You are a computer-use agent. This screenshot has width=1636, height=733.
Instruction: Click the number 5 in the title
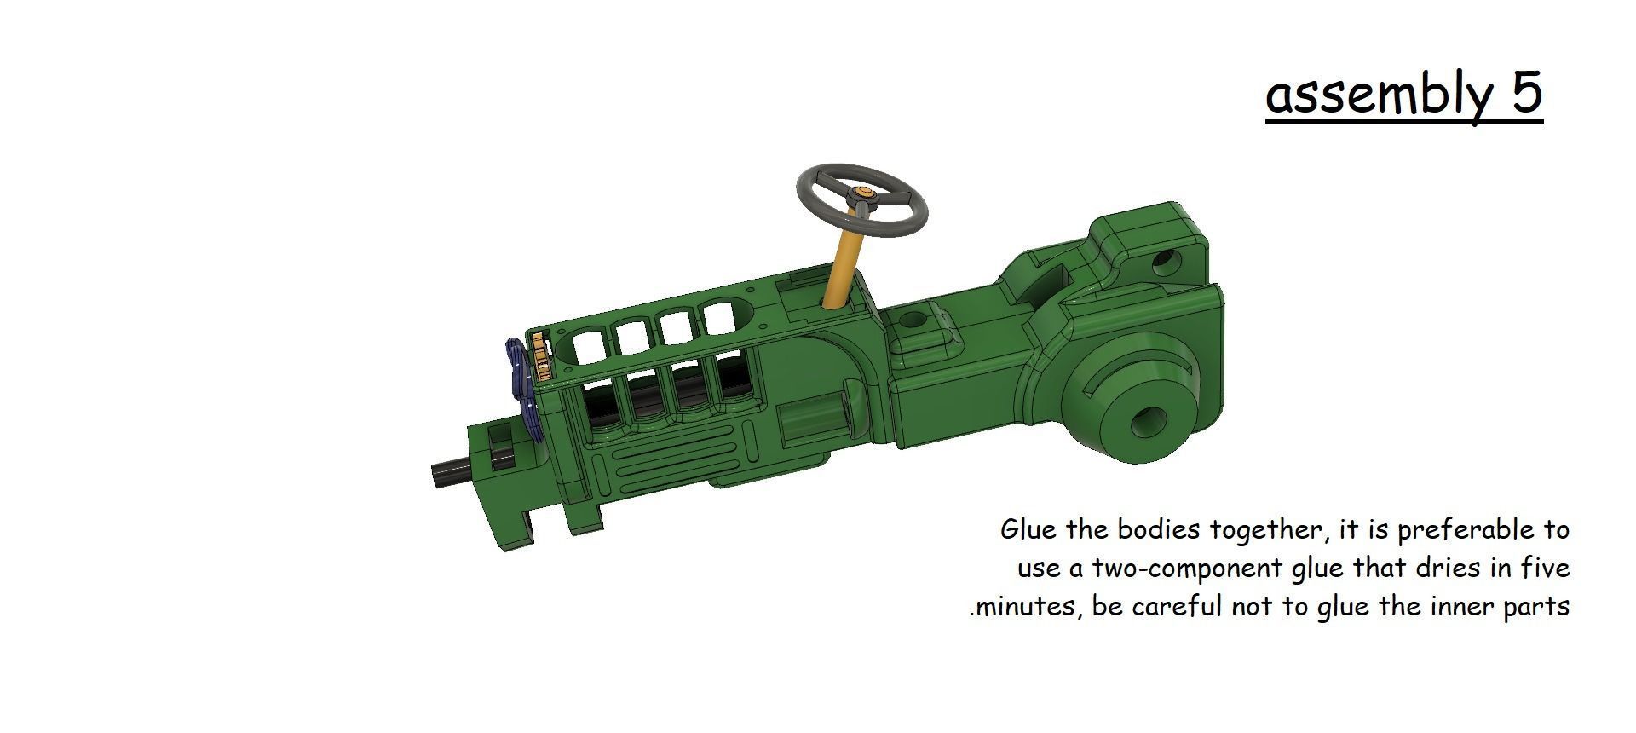click(x=1527, y=93)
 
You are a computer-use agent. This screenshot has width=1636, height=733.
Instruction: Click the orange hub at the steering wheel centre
click(x=864, y=195)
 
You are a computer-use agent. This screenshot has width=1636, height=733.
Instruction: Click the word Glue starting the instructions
click(x=1028, y=529)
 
